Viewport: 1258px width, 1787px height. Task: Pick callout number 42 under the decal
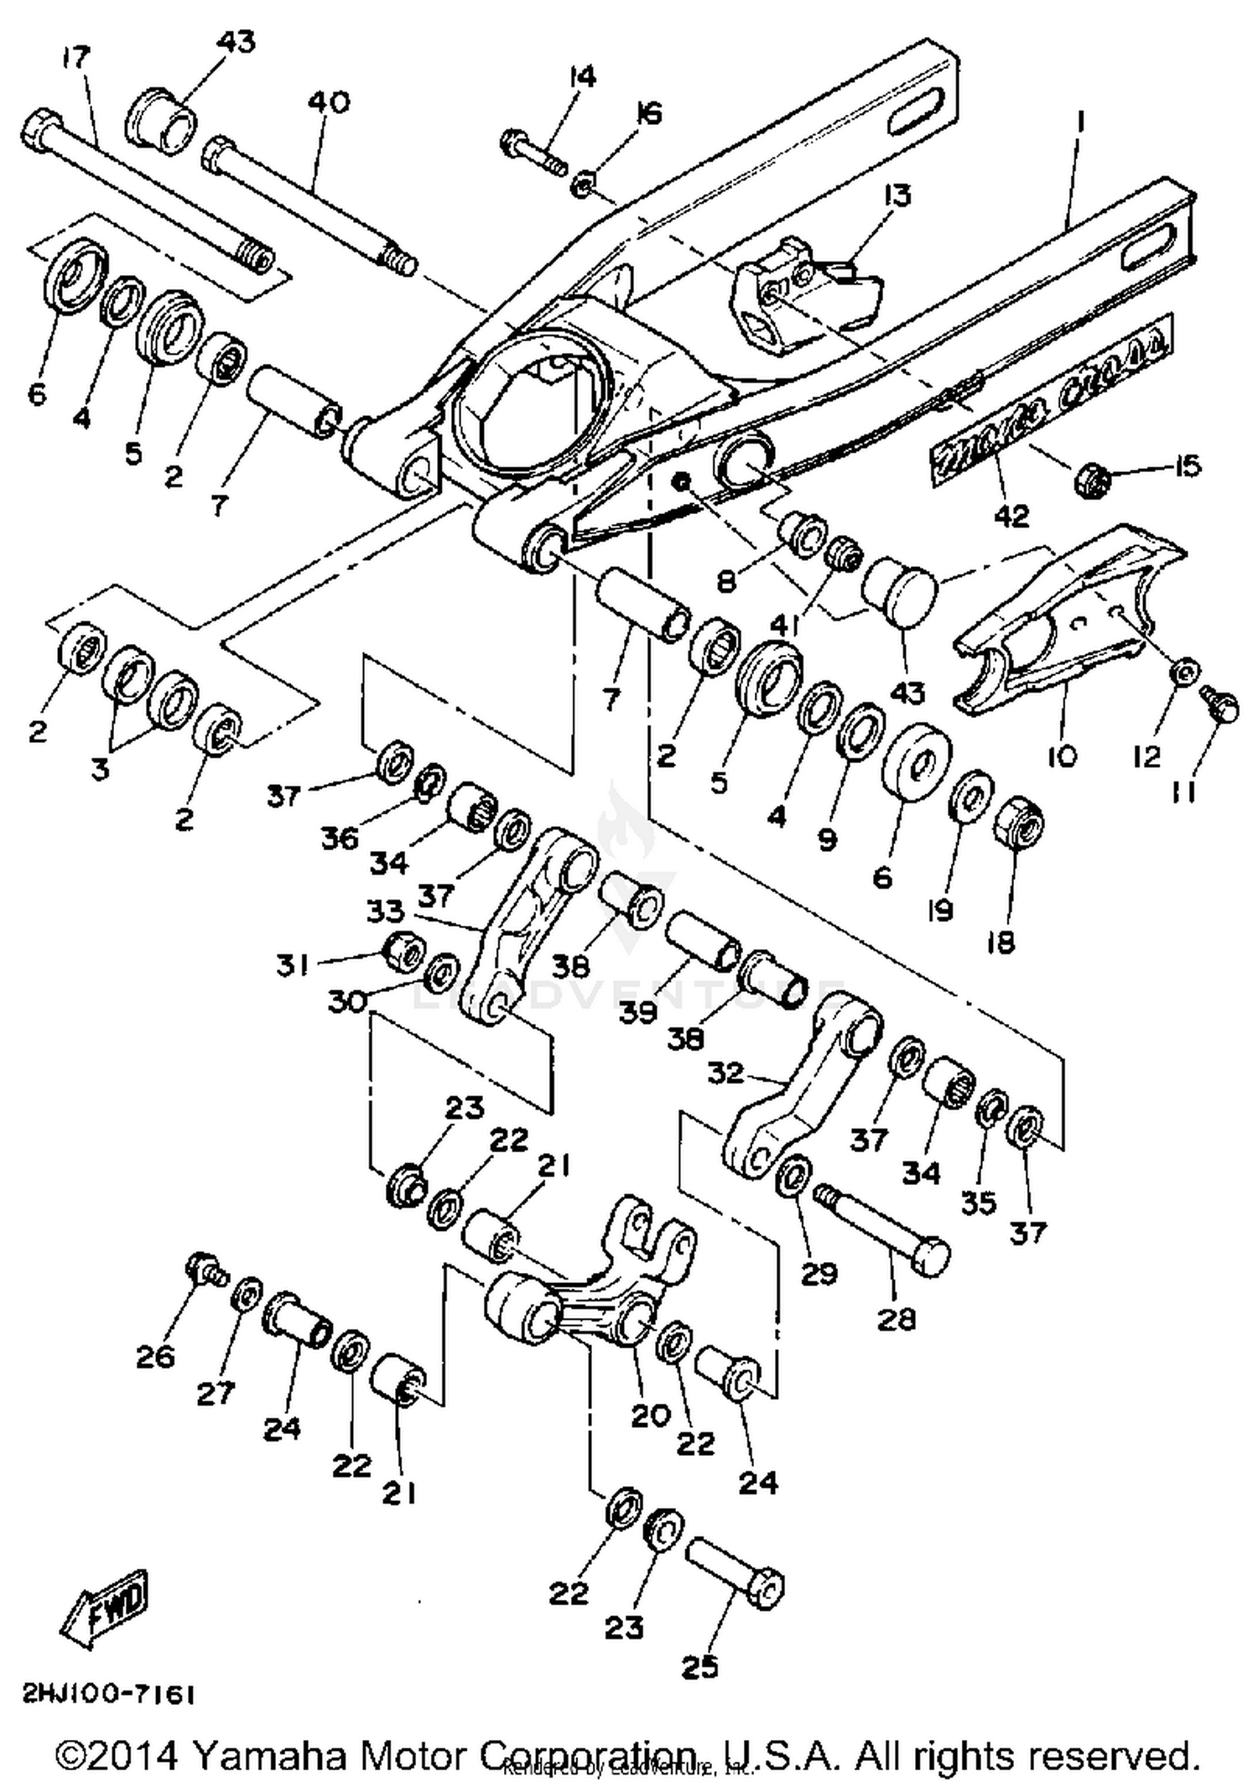tap(1011, 515)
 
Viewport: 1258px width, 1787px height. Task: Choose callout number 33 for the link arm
tap(385, 911)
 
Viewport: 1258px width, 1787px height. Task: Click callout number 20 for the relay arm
tap(651, 1416)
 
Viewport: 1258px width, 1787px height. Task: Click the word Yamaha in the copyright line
tap(273, 1756)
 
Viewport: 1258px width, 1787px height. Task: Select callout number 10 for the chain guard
tap(1062, 756)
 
